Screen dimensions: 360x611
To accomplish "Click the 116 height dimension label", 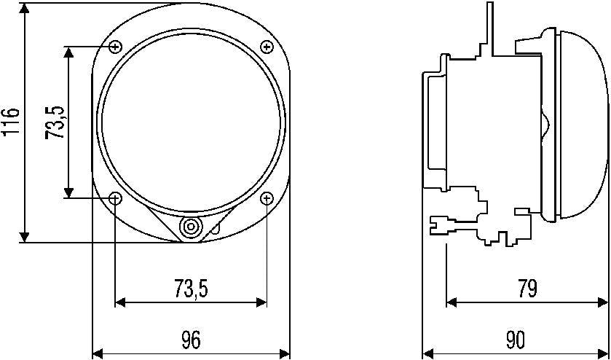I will [10, 122].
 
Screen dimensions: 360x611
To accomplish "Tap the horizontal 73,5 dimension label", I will [192, 289].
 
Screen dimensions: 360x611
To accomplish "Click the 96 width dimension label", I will [191, 340].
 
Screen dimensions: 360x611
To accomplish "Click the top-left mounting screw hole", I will [115, 47].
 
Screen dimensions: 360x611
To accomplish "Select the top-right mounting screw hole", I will [267, 47].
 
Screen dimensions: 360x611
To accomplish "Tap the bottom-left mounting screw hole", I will [115, 198].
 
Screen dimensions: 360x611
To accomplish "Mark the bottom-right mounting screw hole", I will [267, 198].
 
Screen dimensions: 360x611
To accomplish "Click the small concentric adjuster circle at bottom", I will [191, 227].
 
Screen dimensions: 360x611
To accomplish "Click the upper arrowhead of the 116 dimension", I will [25, 9].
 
